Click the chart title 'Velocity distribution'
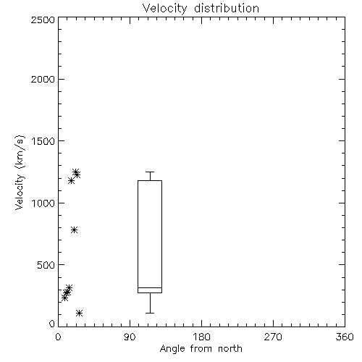click(201, 9)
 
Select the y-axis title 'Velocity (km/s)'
click(20, 172)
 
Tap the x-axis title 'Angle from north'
click(201, 349)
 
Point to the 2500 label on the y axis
click(43, 20)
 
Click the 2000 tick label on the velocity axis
click(43, 79)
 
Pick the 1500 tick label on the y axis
click(43, 141)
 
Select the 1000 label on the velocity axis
click(43, 203)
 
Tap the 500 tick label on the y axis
click(46, 265)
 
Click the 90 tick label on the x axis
click(130, 337)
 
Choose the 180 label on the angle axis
click(201, 337)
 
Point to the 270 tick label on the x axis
click(273, 337)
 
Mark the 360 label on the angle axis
click(345, 337)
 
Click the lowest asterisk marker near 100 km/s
click(80, 313)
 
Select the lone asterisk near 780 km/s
click(75, 230)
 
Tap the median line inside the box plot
click(150, 287)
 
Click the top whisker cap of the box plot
click(150, 172)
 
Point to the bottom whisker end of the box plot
click(150, 313)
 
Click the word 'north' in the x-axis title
click(230, 349)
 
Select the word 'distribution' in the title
click(227, 9)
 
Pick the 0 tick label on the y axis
click(52, 324)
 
